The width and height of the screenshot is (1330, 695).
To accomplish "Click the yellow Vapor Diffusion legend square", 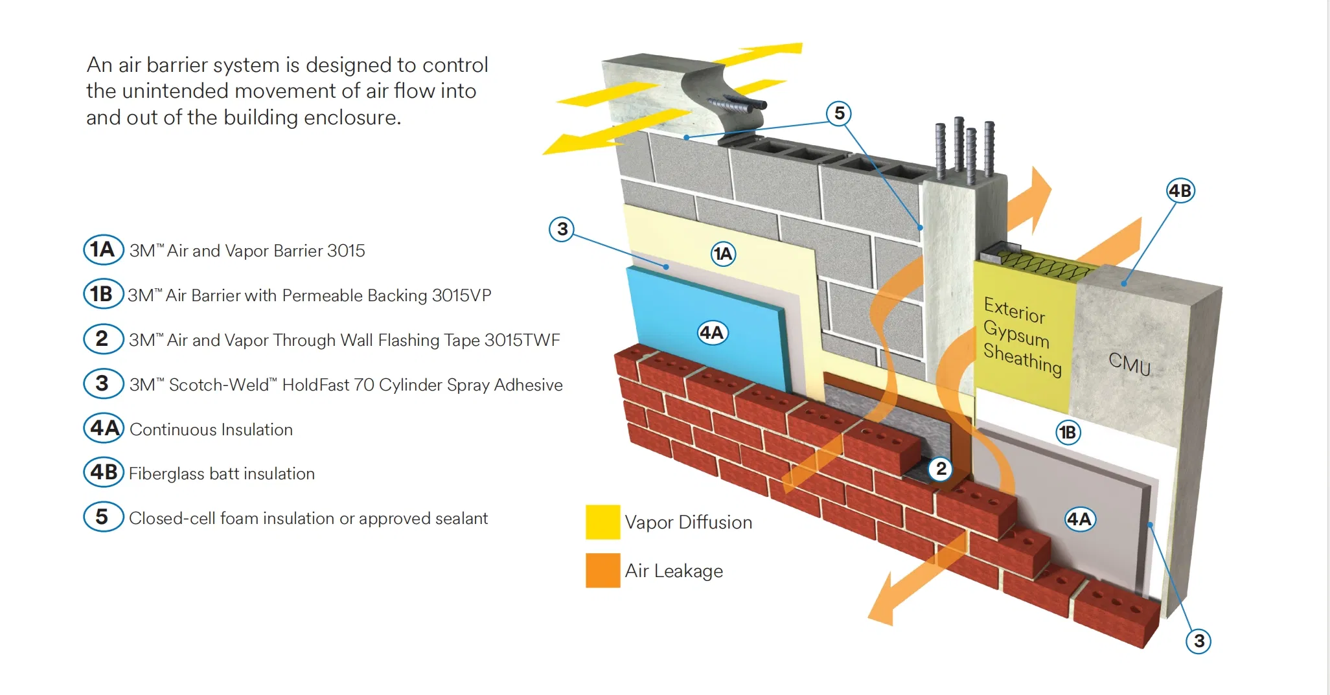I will [x=602, y=522].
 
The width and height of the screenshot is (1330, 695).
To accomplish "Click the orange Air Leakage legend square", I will [x=602, y=570].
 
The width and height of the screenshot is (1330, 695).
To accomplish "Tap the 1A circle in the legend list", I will [x=103, y=250].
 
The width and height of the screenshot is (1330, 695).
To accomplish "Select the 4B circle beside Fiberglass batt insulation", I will [x=104, y=472].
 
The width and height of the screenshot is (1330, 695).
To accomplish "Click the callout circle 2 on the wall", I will [x=941, y=468].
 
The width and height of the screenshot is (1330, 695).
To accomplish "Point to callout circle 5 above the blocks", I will [x=839, y=113].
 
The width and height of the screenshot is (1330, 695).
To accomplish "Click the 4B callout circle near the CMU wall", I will [x=1180, y=191].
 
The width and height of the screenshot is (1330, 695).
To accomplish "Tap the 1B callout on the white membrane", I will [x=1068, y=432].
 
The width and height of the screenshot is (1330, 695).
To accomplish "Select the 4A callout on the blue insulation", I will [x=712, y=333].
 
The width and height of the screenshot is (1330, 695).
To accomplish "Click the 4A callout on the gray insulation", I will [x=1079, y=519].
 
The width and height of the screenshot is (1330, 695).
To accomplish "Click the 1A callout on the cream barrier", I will [x=723, y=254].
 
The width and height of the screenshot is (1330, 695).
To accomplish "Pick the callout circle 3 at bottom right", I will [x=1198, y=641].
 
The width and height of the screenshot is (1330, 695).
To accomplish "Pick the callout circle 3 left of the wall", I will [x=562, y=229].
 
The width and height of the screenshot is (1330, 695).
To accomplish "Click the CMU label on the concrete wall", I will [x=1129, y=364].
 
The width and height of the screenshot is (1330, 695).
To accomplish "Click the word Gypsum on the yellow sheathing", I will [x=1016, y=334].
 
